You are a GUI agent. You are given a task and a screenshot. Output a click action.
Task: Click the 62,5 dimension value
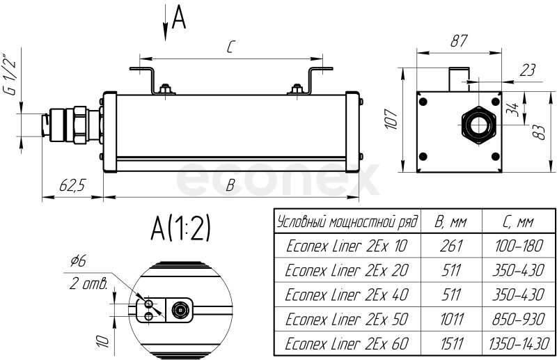(x=72, y=185)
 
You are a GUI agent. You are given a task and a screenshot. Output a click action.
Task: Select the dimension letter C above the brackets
(x=230, y=47)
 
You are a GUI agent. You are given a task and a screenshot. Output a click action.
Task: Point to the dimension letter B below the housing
(x=230, y=185)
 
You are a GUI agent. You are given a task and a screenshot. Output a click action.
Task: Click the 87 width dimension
(x=457, y=40)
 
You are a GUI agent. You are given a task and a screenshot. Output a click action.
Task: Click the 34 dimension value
(x=512, y=109)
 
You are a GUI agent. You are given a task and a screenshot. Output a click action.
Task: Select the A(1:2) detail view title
(x=180, y=228)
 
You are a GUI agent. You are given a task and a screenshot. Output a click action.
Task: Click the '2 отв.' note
(x=88, y=283)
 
